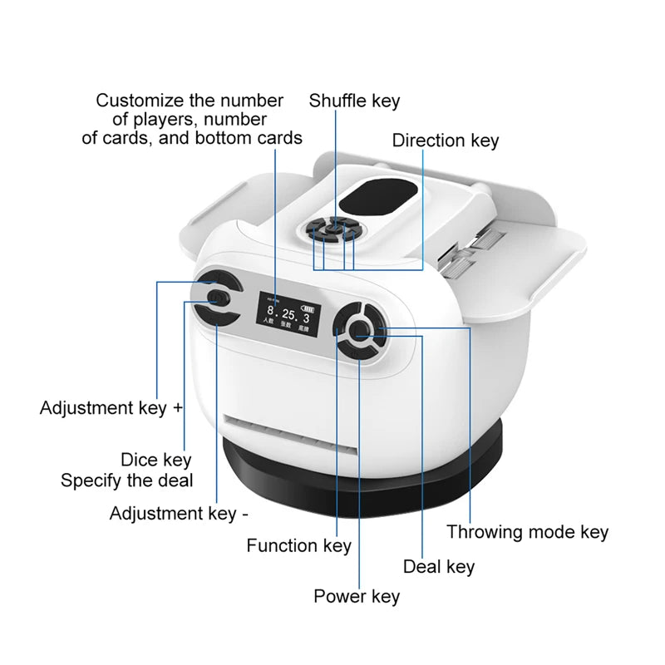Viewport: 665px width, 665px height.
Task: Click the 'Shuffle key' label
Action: point(354,101)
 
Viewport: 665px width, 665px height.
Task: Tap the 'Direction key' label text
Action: point(446,140)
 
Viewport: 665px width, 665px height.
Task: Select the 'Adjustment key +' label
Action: point(111,408)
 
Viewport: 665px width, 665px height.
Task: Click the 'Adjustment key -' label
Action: point(179,514)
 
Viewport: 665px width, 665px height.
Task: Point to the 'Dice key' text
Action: point(155,460)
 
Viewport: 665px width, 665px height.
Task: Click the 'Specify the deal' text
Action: point(126,480)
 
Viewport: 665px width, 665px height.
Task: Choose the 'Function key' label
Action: point(298,546)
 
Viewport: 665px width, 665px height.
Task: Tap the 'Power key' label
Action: point(356,596)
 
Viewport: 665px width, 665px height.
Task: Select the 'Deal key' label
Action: point(438,567)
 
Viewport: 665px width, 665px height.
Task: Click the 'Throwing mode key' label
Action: point(527,532)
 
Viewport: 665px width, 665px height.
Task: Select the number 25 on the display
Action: point(288,315)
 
